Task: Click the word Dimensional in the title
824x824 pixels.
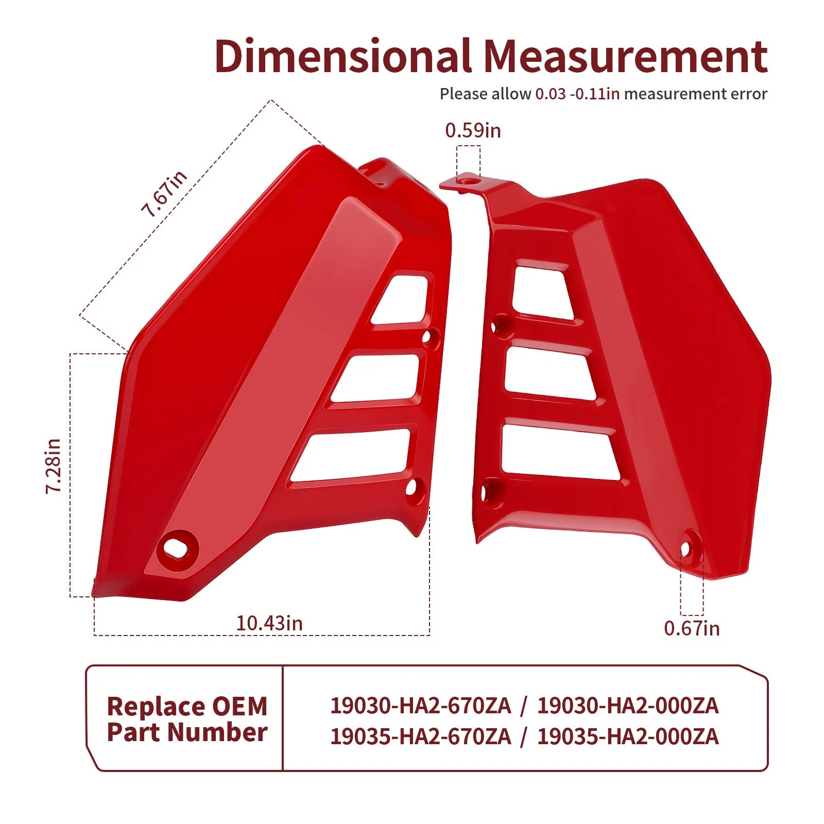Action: (x=343, y=56)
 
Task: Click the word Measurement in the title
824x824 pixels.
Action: (x=626, y=56)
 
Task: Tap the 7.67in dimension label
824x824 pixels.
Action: (x=164, y=194)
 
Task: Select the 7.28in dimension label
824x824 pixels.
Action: (x=54, y=467)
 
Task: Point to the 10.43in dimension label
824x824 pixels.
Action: (x=269, y=623)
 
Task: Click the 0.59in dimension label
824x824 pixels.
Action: (x=473, y=130)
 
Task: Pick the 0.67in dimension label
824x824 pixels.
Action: (x=692, y=628)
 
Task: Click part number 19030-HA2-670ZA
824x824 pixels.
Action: (x=420, y=706)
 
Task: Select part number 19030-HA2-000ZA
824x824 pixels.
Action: (x=628, y=706)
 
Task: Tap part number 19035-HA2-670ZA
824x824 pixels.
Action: (x=420, y=736)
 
